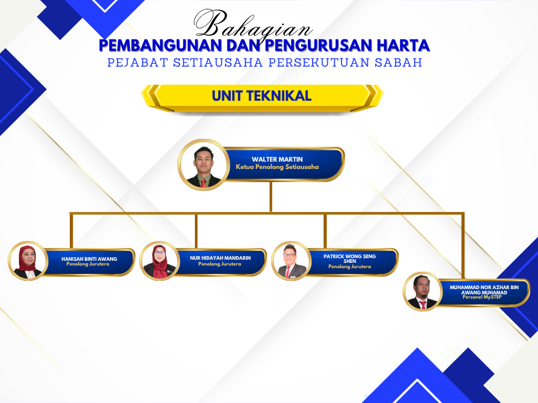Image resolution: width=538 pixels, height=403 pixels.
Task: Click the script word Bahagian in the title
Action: coord(253,25)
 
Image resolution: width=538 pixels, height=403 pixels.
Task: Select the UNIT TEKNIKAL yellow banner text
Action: coord(262,96)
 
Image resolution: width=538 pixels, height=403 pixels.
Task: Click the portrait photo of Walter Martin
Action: coord(203,165)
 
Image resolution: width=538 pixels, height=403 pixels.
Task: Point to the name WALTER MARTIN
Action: coord(277,160)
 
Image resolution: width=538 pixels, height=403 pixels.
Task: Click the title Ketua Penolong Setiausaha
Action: coord(277,167)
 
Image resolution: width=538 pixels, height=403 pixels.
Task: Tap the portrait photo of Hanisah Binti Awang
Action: coord(28,261)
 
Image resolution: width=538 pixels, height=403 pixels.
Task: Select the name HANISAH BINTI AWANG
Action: coord(89,259)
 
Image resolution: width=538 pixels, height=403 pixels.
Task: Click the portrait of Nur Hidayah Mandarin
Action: coord(160,261)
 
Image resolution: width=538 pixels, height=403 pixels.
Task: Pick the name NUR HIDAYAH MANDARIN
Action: coord(220,258)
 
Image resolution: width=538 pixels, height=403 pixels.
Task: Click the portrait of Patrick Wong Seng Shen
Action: coord(291,261)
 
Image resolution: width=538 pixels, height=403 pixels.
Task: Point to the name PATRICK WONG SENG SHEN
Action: coord(349,258)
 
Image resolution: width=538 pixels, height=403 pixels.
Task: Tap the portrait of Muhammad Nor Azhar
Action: coord(423,292)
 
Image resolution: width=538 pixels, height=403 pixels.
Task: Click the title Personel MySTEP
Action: coord(482,297)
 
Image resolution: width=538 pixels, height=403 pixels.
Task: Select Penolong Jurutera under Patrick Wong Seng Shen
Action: coord(349,267)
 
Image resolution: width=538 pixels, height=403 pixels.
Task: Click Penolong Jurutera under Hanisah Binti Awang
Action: coord(88,264)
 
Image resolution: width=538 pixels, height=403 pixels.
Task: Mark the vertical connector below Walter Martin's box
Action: coord(271,196)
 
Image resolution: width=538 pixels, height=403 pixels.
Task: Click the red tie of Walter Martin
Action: coord(203,183)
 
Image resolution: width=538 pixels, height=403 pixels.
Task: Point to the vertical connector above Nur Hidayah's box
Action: coord(196,231)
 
